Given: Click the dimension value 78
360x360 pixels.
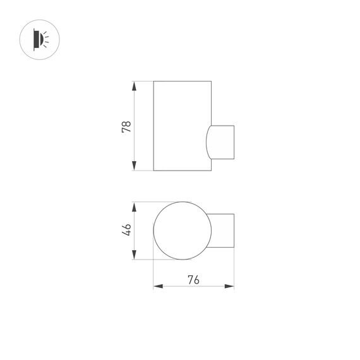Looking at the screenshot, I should point(126,126).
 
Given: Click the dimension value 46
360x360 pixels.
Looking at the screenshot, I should point(126,230).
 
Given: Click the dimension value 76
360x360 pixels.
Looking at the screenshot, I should point(193,279).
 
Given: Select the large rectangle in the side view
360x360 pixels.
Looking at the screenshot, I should point(182,126).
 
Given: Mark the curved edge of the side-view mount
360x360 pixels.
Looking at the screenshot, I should point(207,142).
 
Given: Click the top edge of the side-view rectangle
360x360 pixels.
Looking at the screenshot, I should point(182,81).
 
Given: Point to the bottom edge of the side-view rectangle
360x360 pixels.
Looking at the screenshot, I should point(182,171).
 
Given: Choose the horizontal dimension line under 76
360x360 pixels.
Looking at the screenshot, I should point(193,286).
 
